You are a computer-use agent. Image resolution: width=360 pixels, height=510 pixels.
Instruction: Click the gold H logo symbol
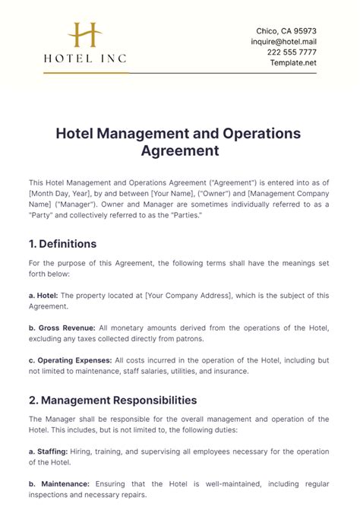(85, 36)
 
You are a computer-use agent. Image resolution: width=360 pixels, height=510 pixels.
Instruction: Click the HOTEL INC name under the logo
(85, 58)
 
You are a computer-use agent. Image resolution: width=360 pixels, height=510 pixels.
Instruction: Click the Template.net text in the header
(293, 62)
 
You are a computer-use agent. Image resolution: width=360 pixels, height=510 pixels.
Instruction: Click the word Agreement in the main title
(180, 150)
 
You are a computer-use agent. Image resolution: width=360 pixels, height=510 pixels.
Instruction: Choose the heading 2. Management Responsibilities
(113, 400)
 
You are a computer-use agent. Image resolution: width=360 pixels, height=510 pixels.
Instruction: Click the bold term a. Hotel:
(48, 296)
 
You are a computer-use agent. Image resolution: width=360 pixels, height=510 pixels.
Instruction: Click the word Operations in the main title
(250, 134)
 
